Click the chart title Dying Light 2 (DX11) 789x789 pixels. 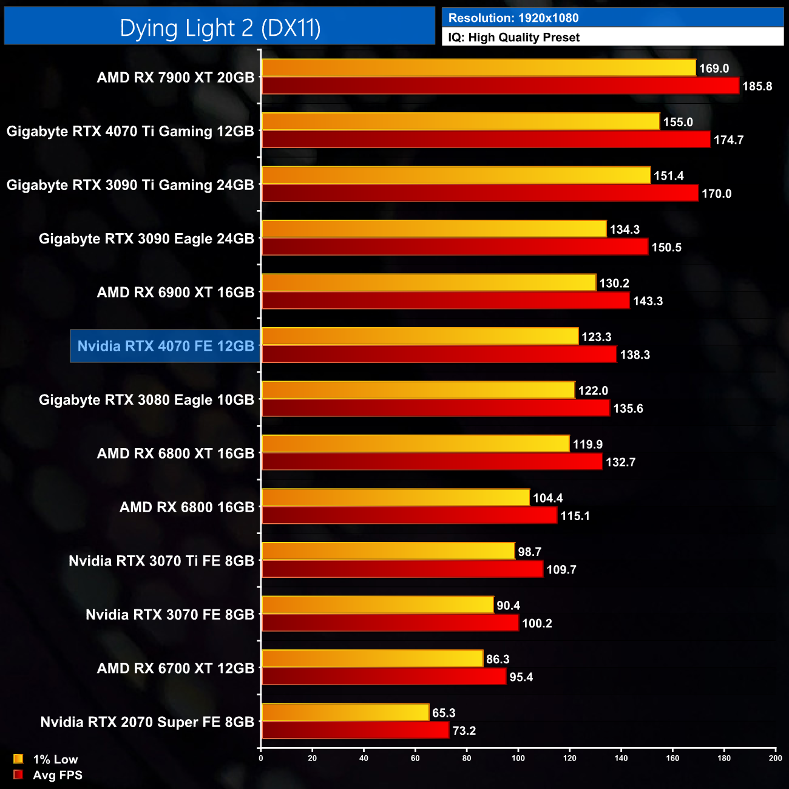pos(220,28)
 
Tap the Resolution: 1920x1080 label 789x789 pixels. pos(513,18)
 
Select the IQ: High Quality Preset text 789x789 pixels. pos(513,38)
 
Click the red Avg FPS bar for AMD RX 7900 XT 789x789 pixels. pos(500,86)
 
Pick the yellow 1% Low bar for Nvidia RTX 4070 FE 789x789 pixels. pos(420,336)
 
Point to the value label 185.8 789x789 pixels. pos(757,86)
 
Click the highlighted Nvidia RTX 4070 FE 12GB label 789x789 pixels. pos(166,346)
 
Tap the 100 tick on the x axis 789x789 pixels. pos(518,758)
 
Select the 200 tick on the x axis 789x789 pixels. pos(776,758)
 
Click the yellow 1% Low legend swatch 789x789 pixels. pos(18,759)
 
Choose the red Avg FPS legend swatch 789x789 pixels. pos(18,774)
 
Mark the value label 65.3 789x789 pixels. pos(444,713)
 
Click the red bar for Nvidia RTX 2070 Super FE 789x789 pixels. pos(355,730)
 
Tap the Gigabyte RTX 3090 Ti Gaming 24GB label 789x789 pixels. pos(130,185)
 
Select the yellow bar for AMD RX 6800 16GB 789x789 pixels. pos(396,498)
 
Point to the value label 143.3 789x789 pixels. pos(648,301)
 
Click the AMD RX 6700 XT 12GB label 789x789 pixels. pos(175,668)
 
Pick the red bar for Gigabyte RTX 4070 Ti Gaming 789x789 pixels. pos(486,140)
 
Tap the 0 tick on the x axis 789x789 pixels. pos(261,758)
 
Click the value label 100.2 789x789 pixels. pos(537,623)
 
